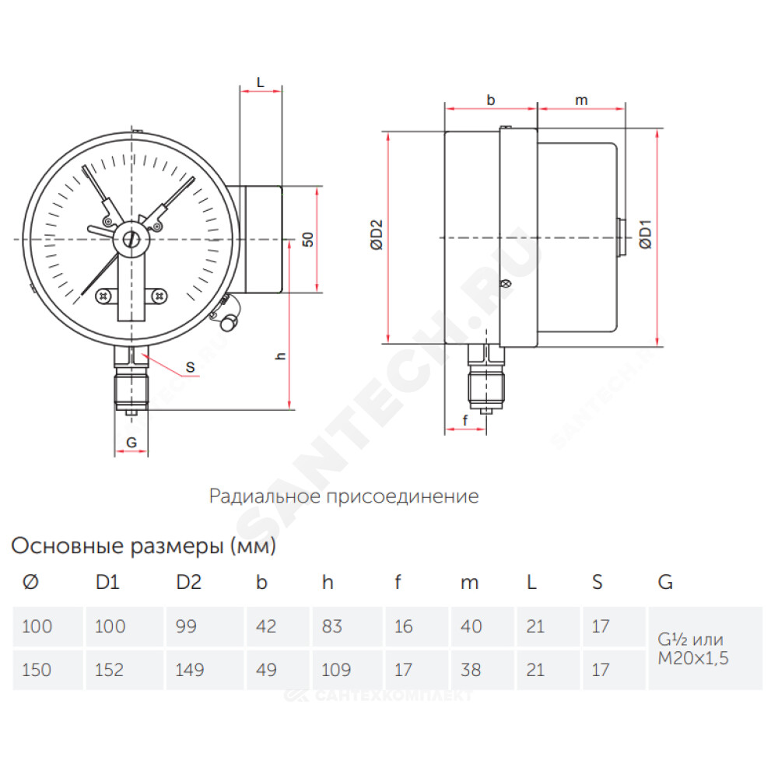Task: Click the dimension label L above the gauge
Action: point(261,82)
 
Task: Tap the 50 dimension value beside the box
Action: point(307,239)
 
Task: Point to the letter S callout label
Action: point(190,368)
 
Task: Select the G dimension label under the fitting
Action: point(131,443)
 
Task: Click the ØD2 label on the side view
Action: point(377,235)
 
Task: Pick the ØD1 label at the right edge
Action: point(645,234)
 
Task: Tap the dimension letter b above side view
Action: point(491,100)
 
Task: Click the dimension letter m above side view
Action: point(581,100)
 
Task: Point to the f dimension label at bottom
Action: point(465,420)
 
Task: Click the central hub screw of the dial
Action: point(131,240)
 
